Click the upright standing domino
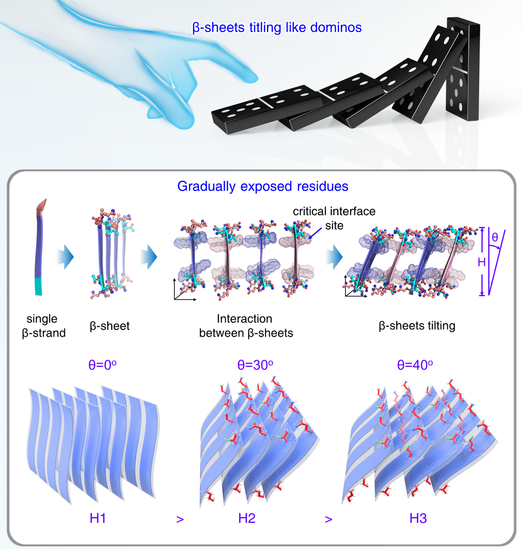click(x=463, y=68)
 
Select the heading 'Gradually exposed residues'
click(x=262, y=186)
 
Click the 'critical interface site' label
click(x=334, y=218)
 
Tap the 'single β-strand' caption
click(x=43, y=326)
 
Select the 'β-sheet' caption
click(x=110, y=326)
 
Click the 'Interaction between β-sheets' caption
click(x=245, y=326)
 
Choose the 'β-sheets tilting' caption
click(x=417, y=326)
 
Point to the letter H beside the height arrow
click(x=481, y=262)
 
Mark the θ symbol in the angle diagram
click(x=495, y=237)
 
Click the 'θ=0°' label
click(x=102, y=364)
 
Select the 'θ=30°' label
click(x=255, y=364)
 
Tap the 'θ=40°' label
click(x=415, y=364)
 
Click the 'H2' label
click(x=247, y=518)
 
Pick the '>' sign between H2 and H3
click(x=329, y=519)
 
